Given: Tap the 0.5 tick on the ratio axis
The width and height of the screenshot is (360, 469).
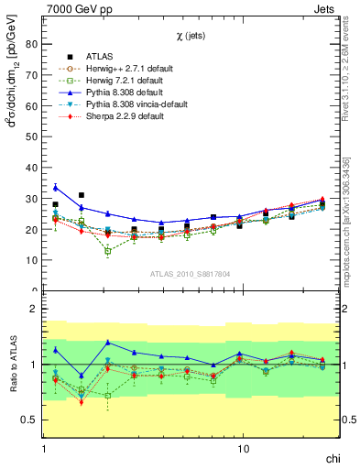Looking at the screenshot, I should [29, 420].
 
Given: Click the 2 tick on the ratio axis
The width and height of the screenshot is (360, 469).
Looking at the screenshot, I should [34, 310].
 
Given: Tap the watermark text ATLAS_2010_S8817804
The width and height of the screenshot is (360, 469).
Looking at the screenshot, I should [191, 274].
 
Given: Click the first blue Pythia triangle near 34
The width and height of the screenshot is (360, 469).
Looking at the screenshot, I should [55, 187].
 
